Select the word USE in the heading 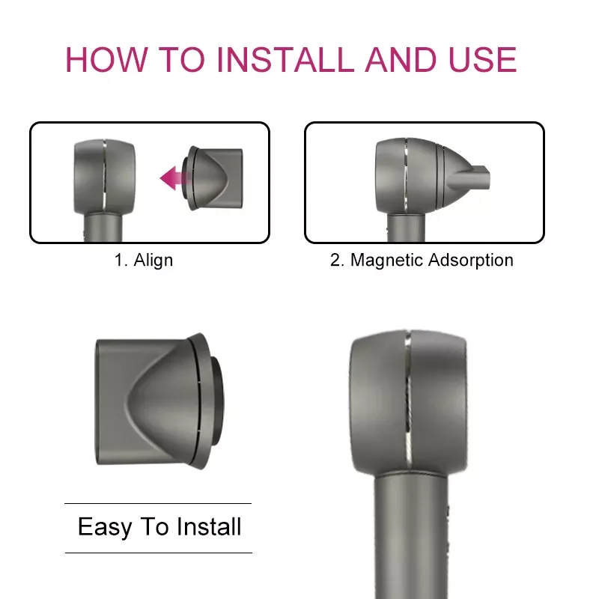[x=478, y=60]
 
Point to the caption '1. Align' [x=143, y=261]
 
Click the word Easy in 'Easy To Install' [x=105, y=527]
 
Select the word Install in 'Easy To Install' [x=209, y=527]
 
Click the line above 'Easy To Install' [x=158, y=503]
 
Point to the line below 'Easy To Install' [x=158, y=553]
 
